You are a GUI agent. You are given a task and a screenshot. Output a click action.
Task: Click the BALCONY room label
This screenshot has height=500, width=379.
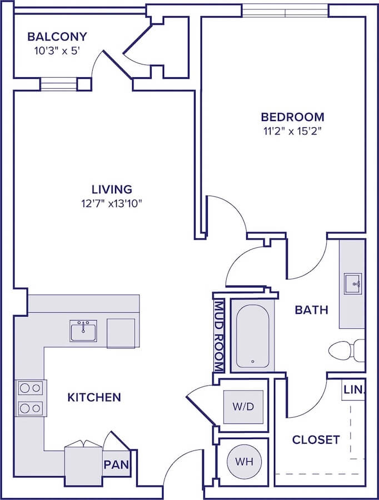pyautogui.click(x=57, y=37)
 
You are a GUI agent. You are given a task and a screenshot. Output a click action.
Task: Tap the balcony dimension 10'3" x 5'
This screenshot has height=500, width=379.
pyautogui.click(x=57, y=51)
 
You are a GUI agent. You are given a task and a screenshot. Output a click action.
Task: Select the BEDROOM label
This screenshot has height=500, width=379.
pyautogui.click(x=292, y=117)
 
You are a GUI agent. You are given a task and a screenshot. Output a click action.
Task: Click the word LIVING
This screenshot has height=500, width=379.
pyautogui.click(x=112, y=189)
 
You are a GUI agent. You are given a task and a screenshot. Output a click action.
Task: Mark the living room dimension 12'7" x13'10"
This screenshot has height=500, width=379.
pyautogui.click(x=112, y=203)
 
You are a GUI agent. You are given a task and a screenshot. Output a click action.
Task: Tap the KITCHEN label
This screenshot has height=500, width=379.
pyautogui.click(x=94, y=397)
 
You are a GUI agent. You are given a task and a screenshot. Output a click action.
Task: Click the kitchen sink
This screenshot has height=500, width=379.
pyautogui.click(x=83, y=331)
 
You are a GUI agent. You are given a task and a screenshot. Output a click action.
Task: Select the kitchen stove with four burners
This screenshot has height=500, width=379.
pyautogui.click(x=31, y=398)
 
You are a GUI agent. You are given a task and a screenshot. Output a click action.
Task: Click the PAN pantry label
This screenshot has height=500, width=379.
pyautogui.click(x=116, y=464)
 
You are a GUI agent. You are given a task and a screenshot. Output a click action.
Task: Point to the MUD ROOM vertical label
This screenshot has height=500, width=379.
pyautogui.click(x=219, y=336)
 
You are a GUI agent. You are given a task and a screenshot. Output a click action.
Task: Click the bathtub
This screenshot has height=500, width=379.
pyautogui.click(x=253, y=336)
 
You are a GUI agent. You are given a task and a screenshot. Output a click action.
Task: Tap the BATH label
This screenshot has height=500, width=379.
pyautogui.click(x=311, y=310)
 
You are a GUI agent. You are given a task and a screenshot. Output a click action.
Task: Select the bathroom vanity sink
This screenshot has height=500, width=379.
pyautogui.click(x=352, y=283)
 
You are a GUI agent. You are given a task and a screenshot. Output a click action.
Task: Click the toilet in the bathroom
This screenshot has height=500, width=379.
pyautogui.click(x=347, y=351)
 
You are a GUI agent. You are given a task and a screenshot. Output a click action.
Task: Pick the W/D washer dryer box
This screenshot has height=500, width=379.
pyautogui.click(x=243, y=407)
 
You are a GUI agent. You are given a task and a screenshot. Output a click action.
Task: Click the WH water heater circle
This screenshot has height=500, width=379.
pyautogui.click(x=245, y=461)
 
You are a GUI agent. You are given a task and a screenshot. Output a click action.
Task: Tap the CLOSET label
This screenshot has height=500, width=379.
pyautogui.click(x=316, y=440)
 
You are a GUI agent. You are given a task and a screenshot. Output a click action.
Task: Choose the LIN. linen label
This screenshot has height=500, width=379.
pyautogui.click(x=354, y=389)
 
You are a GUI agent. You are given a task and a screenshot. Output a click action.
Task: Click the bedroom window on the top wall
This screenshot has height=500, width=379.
pyautogui.click(x=285, y=12)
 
